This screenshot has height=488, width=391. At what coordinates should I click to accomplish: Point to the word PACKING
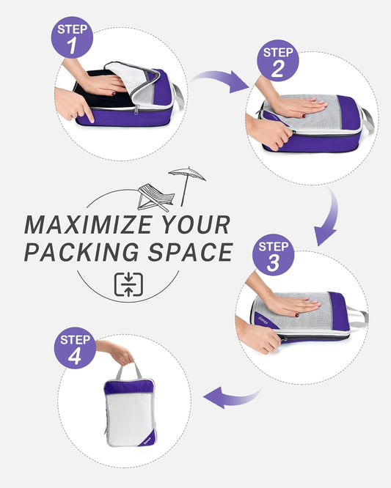pyautogui.click(x=87, y=251)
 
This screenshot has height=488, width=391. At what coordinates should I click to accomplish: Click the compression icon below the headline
pyautogui.click(x=128, y=284)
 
